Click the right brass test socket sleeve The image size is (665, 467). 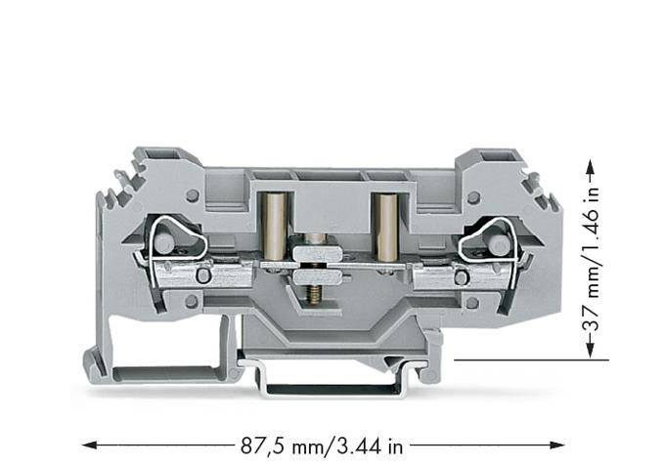pyautogui.click(x=385, y=226)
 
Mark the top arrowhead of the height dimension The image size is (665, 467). pyautogui.click(x=591, y=166)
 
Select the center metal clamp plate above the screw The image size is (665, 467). pyautogui.click(x=316, y=256)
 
